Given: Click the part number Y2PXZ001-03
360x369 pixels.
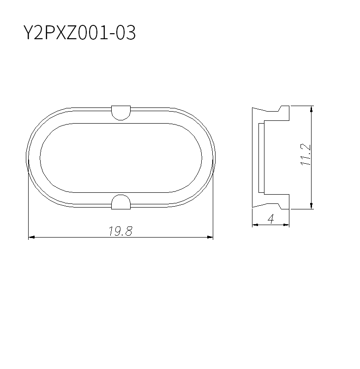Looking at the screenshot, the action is (79, 32).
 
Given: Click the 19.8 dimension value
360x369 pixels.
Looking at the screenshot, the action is (121, 231).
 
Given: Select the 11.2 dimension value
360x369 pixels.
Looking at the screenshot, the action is (306, 155).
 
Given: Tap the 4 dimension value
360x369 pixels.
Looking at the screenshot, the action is (271, 219).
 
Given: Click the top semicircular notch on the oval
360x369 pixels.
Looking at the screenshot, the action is (121, 113).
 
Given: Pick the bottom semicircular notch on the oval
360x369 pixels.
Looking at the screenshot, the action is (121, 202).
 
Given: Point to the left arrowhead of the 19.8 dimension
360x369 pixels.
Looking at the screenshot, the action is (31, 237).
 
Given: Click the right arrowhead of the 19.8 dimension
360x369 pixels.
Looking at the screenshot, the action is (210, 237).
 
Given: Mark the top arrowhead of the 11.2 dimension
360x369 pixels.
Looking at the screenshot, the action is (312, 109).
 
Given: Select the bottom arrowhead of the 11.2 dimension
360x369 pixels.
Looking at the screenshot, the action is (312, 206).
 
